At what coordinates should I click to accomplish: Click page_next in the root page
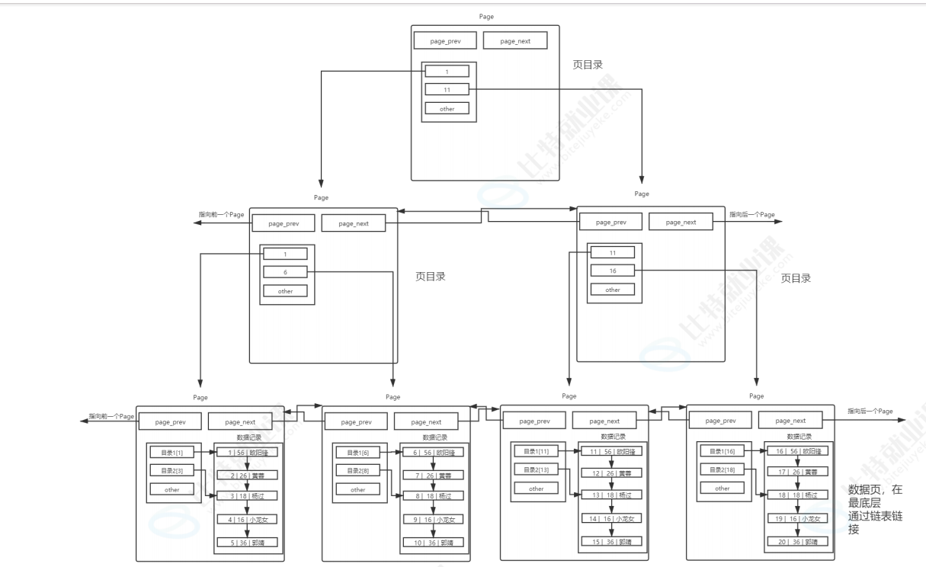pyautogui.click(x=515, y=40)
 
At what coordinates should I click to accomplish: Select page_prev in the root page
pyautogui.click(x=446, y=40)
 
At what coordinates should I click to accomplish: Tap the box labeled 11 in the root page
pyautogui.click(x=447, y=90)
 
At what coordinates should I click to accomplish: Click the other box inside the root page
pyautogui.click(x=447, y=108)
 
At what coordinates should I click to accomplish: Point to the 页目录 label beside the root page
pyautogui.click(x=588, y=65)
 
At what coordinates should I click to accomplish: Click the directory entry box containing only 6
pyautogui.click(x=285, y=272)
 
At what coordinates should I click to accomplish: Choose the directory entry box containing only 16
pyautogui.click(x=613, y=271)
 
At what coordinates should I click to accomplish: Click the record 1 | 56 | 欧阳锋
pyautogui.click(x=247, y=452)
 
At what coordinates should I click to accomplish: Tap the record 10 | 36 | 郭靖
pyautogui.click(x=433, y=542)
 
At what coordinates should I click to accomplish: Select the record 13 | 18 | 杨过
pyautogui.click(x=611, y=495)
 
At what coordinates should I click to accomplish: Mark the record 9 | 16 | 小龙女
pyautogui.click(x=433, y=519)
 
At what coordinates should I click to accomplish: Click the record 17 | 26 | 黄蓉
pyautogui.click(x=797, y=472)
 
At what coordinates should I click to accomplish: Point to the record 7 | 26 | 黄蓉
pyautogui.click(x=433, y=475)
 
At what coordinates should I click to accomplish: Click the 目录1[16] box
pyautogui.click(x=722, y=451)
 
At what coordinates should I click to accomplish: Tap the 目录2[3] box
pyautogui.click(x=172, y=470)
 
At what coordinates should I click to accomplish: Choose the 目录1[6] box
pyautogui.click(x=358, y=453)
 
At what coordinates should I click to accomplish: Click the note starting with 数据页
pyautogui.click(x=875, y=509)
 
